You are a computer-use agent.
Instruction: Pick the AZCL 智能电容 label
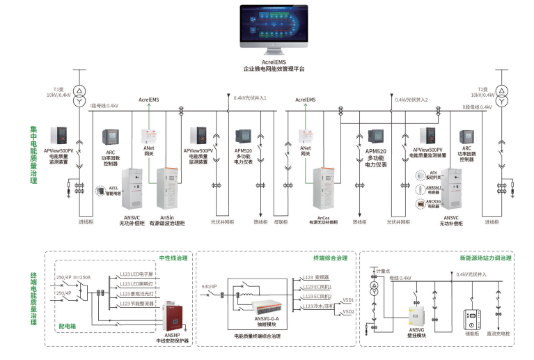tap(113, 189)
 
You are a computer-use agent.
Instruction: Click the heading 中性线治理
tap(173, 258)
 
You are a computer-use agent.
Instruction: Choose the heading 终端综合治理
tap(330, 258)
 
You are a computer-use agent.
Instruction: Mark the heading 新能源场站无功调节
tap(485, 258)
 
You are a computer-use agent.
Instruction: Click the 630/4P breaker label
tap(209, 286)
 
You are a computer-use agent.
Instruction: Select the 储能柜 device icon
tap(469, 318)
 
